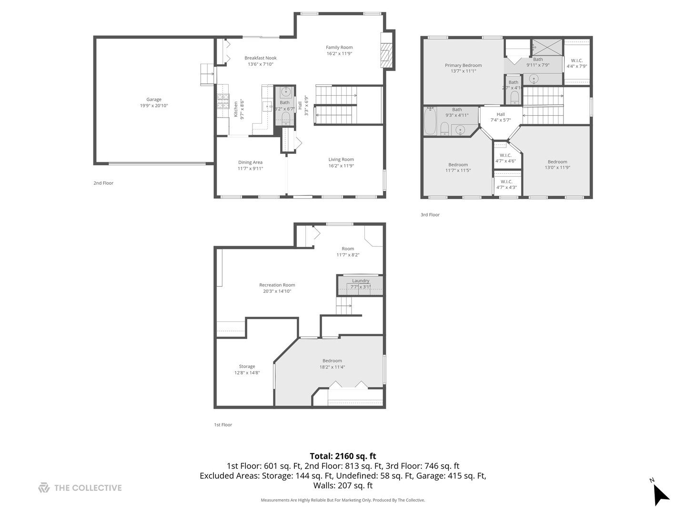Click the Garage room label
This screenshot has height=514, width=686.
(x=153, y=99)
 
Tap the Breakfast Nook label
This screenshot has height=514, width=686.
(x=260, y=58)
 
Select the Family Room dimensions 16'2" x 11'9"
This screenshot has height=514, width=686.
(x=339, y=54)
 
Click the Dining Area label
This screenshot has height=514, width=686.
(x=250, y=162)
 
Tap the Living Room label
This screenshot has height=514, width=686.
(x=341, y=159)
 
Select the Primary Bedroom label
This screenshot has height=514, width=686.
(x=463, y=65)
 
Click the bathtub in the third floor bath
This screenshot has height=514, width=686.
(x=429, y=121)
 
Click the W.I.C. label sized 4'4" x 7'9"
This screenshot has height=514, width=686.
(x=576, y=60)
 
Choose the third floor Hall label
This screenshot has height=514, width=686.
(x=501, y=114)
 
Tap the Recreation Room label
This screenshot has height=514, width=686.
(x=277, y=285)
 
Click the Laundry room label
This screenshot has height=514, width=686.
(x=361, y=281)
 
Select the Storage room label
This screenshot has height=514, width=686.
(x=247, y=366)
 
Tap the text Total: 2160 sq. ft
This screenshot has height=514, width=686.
(x=343, y=456)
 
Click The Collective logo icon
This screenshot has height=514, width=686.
(x=44, y=488)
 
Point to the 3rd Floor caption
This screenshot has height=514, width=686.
(x=430, y=215)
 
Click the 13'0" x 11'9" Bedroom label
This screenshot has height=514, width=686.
(x=557, y=162)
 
